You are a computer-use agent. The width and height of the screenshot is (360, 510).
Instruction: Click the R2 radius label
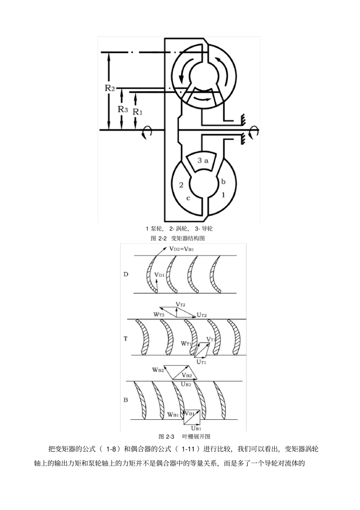tap(110, 88)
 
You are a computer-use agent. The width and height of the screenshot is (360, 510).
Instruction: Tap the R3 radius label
tap(123, 110)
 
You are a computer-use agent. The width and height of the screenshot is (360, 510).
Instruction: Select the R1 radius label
tap(137, 112)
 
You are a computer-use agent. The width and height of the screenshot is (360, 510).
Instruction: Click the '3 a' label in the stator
tap(202, 160)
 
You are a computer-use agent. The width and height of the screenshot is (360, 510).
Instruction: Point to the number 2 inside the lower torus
tap(181, 185)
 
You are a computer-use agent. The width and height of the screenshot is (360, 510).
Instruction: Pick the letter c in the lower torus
tap(188, 198)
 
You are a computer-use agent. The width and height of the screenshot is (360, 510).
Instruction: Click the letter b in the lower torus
tap(223, 182)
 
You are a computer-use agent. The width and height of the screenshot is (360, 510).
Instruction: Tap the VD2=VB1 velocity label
tap(182, 249)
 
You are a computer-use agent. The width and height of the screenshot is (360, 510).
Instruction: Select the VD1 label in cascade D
tap(159, 275)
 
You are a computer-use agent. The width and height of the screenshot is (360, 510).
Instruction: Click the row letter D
tap(126, 275)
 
